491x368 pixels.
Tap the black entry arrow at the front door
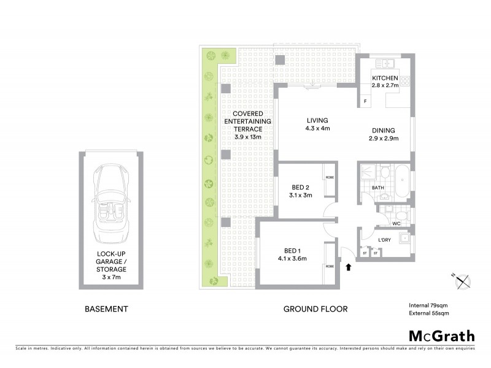349,267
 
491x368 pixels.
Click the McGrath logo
441,335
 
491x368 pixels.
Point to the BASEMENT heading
106,309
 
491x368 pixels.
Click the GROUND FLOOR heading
315,309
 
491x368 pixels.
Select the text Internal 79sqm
429,305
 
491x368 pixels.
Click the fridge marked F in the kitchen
365,101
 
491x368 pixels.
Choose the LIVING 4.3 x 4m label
317,125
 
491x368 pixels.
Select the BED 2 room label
300,191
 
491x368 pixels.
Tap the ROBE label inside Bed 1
330,266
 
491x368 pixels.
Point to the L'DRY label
384,240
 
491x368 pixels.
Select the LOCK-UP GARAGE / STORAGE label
111,265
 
